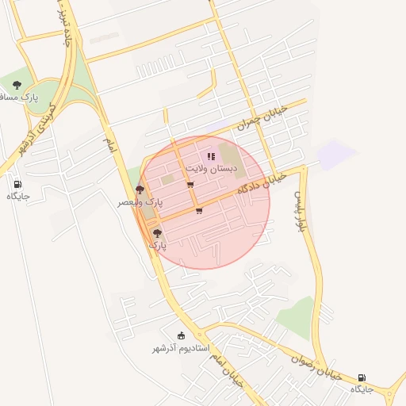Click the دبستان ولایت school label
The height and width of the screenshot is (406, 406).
point(211,169)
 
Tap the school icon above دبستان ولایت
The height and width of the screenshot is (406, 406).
point(211,156)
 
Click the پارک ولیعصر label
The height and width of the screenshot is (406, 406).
point(140,203)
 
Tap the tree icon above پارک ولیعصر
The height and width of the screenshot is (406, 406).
point(140,190)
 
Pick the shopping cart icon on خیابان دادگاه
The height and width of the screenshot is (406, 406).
point(198,211)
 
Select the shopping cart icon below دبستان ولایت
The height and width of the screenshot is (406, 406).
point(190,185)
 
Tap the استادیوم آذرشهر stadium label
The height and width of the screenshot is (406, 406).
point(181,348)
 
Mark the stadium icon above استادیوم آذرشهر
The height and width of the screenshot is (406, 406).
point(181,335)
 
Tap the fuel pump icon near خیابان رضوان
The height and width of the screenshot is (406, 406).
point(362,377)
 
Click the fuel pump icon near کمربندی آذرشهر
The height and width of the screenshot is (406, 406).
point(17,183)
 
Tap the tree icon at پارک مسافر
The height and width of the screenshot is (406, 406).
point(17,86)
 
